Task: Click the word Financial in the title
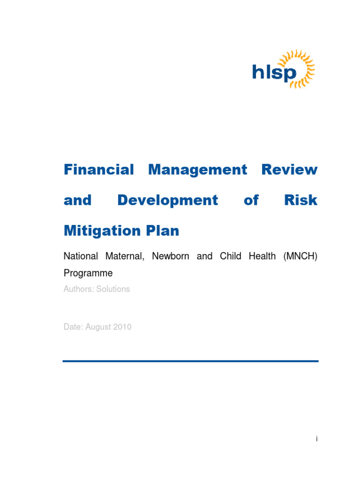tap(98, 170)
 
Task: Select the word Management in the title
tap(197, 170)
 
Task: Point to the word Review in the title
tap(289, 170)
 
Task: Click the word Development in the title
tap(167, 200)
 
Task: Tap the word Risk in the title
tap(301, 200)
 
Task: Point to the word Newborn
tap(171, 256)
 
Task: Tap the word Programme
tap(88, 273)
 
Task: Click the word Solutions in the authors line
tap(113, 289)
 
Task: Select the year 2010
tap(122, 327)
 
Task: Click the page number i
tap(317, 439)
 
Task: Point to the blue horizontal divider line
tap(190, 361)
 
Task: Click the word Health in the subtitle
tap(262, 256)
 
